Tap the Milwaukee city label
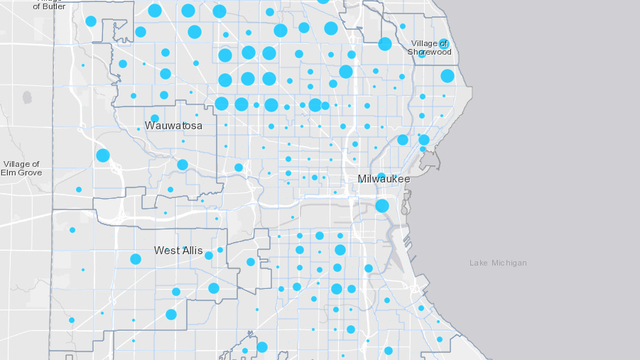pos(384,178)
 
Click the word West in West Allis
pos(166,250)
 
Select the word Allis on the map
pos(193,250)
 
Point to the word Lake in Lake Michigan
pos(480,263)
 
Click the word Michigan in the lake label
pos(509,263)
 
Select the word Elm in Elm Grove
pos(10,173)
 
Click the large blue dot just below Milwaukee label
pos(382,206)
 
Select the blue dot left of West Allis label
pos(135,259)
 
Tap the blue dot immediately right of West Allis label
pos(209,255)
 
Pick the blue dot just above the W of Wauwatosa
pos(154,118)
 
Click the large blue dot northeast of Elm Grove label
pos(103,155)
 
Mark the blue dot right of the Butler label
pos(91,21)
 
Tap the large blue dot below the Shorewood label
pos(447,76)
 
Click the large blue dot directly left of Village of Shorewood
pos(385,44)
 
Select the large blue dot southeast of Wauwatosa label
pos(182,165)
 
